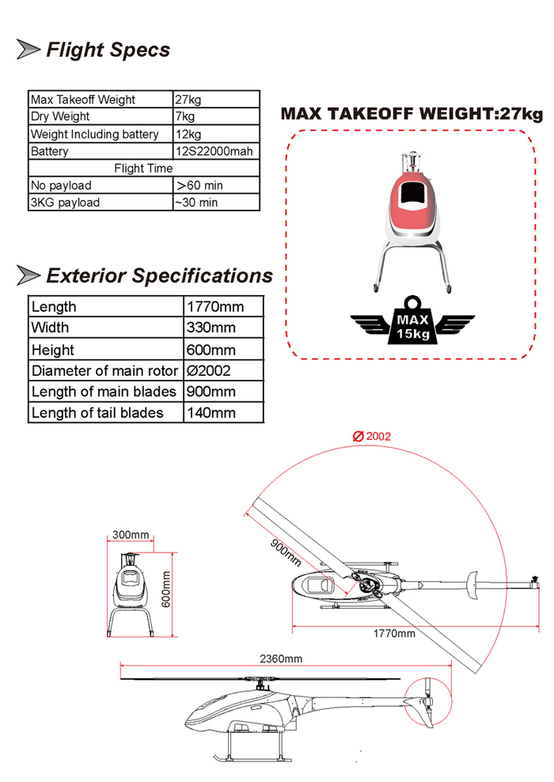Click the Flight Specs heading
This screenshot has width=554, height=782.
click(x=108, y=50)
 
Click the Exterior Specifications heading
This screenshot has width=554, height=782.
click(x=159, y=276)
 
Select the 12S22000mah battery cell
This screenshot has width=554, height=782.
click(x=216, y=151)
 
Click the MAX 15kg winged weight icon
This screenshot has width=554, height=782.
click(x=412, y=323)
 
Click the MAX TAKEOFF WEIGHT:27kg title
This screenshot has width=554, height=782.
click(x=412, y=113)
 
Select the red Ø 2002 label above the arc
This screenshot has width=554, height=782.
click(x=371, y=436)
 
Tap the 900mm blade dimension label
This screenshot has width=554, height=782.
click(x=286, y=552)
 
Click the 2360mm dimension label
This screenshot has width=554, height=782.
click(x=281, y=659)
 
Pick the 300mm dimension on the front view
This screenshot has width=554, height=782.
click(x=130, y=535)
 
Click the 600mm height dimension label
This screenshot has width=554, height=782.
click(x=165, y=590)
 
